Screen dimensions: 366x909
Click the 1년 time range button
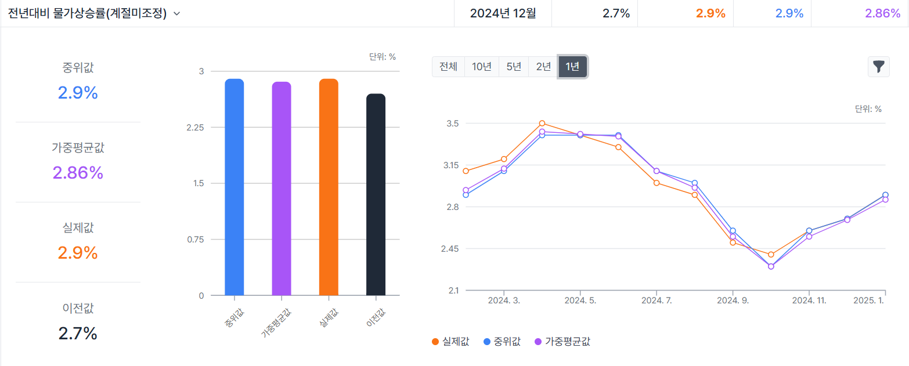coord(572,67)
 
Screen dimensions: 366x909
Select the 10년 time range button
coord(482,67)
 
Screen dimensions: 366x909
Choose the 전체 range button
coord(448,67)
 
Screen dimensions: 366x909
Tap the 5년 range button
coord(514,67)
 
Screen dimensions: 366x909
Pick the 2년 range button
coord(543,67)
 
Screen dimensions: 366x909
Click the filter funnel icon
coord(878,67)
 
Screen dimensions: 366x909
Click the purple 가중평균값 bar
coord(281,189)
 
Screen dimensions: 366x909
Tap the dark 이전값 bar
coord(376,194)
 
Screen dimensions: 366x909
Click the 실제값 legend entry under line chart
coord(450,342)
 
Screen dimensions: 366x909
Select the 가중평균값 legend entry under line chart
coord(561,342)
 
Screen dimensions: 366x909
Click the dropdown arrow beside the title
coord(176,14)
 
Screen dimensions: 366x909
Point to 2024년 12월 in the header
coord(503,13)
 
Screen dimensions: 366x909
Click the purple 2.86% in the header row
coord(882,13)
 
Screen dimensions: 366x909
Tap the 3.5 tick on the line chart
coord(452,124)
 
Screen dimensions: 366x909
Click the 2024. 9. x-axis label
coord(733,300)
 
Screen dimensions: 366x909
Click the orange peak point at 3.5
coord(542,123)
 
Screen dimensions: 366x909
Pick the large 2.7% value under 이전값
coord(78,334)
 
